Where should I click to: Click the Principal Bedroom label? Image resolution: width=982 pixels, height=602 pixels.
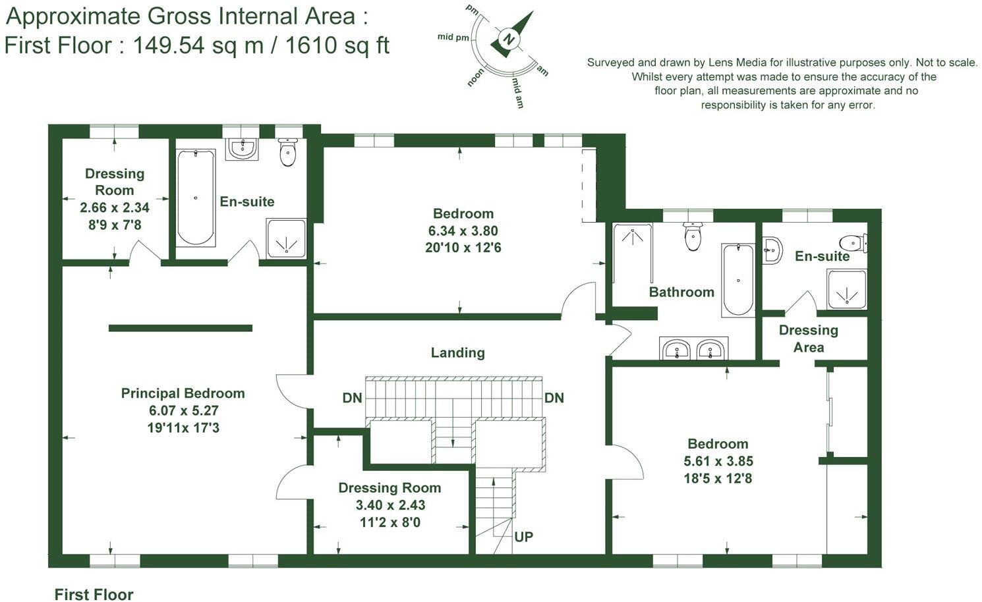pos(183,393)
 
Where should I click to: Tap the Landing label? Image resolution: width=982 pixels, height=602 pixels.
pos(457,352)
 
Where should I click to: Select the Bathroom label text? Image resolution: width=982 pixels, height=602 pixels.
pos(681,292)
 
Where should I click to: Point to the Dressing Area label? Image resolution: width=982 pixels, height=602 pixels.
pos(808,339)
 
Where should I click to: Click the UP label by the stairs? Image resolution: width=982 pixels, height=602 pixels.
pos(523,537)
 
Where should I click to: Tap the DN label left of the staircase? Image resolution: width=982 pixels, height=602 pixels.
pos(352,398)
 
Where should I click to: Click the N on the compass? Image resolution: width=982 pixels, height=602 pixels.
pos(508,39)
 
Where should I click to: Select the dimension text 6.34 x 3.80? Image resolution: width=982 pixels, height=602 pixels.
pos(463,231)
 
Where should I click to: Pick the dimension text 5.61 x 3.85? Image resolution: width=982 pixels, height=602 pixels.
pos(718,461)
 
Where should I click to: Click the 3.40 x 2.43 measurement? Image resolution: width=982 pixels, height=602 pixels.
pos(390,505)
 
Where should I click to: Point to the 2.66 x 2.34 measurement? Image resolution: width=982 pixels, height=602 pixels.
pos(115,207)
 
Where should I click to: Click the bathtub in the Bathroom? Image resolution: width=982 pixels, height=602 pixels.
pos(737,280)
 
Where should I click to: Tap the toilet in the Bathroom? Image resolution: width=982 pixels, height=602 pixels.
pos(692,237)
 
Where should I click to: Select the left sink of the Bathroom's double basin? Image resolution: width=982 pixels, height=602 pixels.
pos(676,348)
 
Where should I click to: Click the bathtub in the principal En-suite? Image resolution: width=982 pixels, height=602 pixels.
pos(196,197)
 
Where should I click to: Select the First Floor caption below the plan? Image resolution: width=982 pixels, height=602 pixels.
pos(94,594)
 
